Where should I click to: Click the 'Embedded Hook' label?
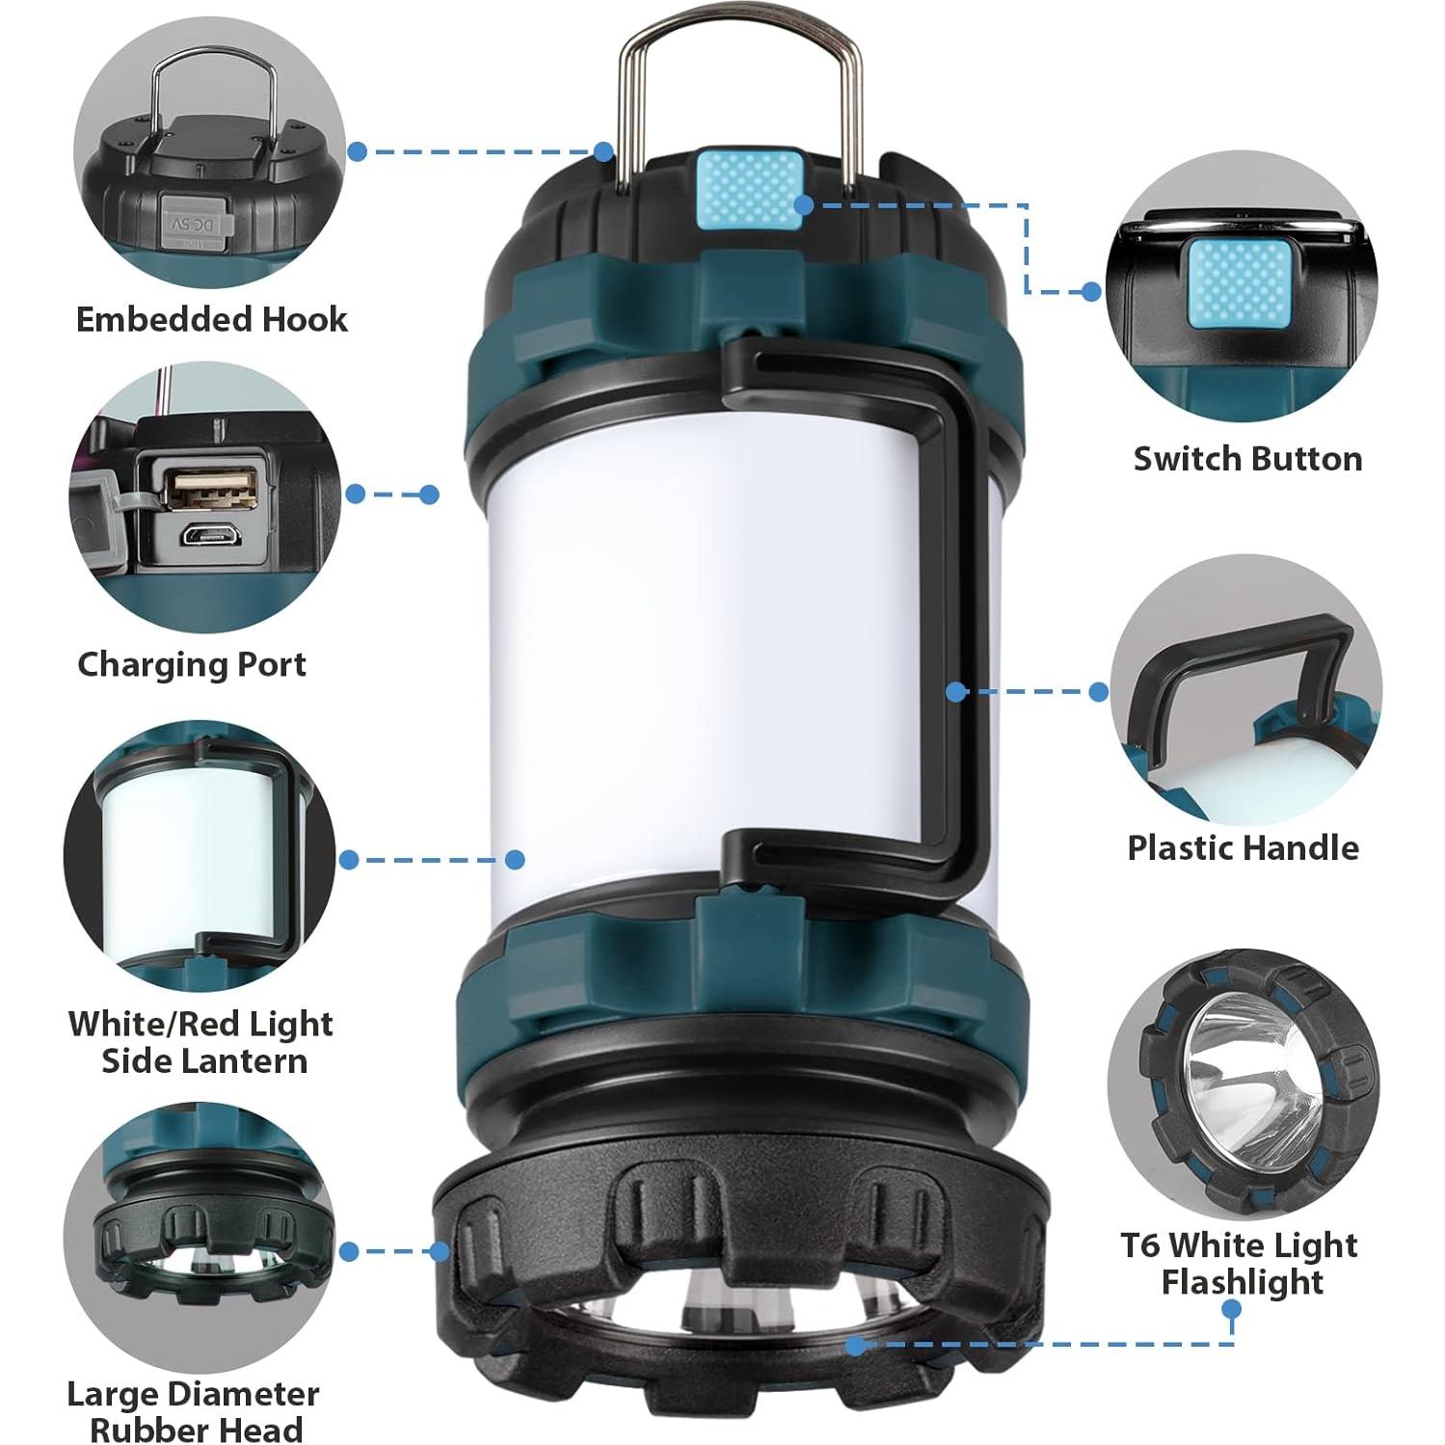[x=211, y=319]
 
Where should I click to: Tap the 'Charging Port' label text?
[x=192, y=664]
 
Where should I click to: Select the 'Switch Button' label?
[x=1247, y=458]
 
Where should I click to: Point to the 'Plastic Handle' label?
[x=1243, y=847]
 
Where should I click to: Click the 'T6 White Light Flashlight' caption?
[x=1239, y=1263]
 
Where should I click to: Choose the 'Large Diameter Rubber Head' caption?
[x=193, y=1411]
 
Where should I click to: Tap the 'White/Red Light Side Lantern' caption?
[x=201, y=1041]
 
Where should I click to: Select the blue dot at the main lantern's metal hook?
[x=603, y=151]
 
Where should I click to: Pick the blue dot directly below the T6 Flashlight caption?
[x=1231, y=1308]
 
